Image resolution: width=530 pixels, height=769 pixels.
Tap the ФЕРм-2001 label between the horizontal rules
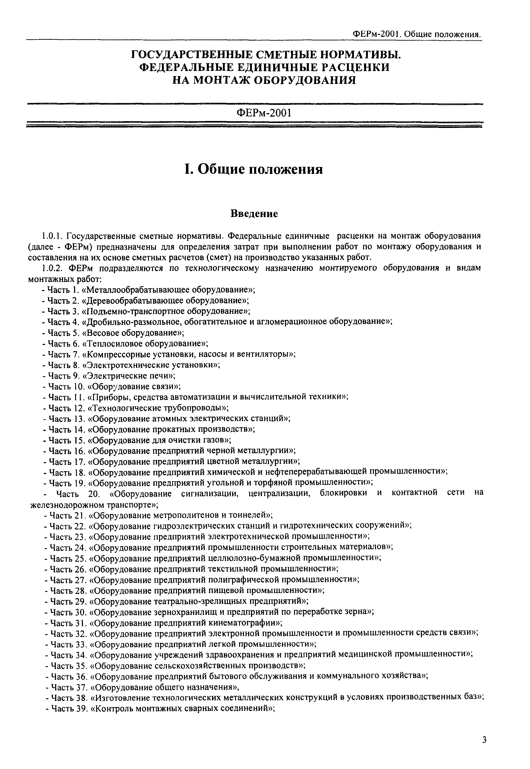pyautogui.click(x=264, y=113)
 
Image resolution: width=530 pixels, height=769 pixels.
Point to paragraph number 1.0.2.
pyautogui.click(x=52, y=268)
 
